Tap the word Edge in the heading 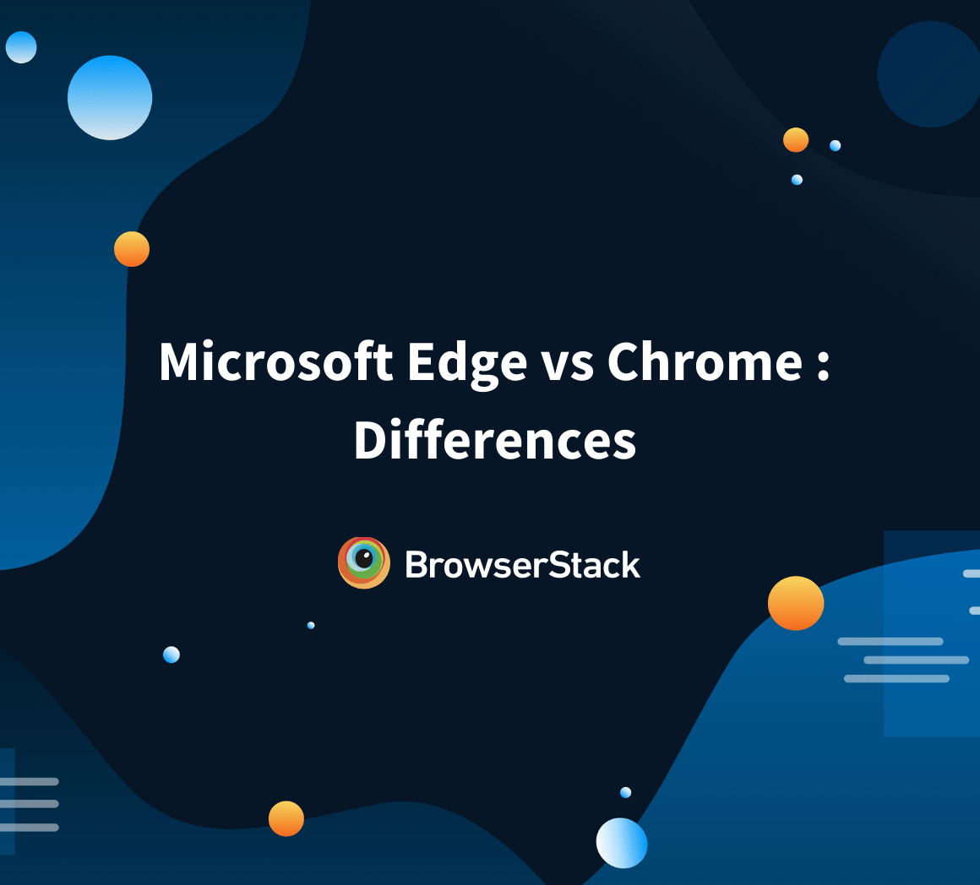[x=467, y=363]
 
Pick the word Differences [x=494, y=441]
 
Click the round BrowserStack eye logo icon [x=363, y=562]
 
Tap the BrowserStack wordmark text [x=522, y=564]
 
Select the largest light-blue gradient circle [x=110, y=97]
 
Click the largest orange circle [x=795, y=603]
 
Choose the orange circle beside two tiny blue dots [x=796, y=140]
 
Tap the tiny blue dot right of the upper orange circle [x=835, y=145]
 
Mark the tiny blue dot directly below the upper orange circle [x=797, y=180]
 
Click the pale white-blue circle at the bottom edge [x=622, y=843]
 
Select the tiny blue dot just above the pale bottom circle [x=625, y=792]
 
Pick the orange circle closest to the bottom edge [x=286, y=818]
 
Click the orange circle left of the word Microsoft [x=132, y=249]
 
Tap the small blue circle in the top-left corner [x=21, y=47]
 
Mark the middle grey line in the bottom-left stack [x=30, y=804]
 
